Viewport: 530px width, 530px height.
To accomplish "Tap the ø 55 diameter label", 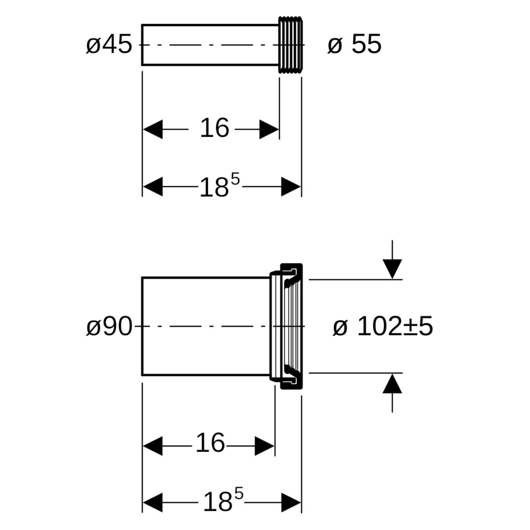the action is (355, 44).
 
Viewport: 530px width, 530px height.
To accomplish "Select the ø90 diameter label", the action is (109, 327).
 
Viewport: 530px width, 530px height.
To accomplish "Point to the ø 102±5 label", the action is (383, 326).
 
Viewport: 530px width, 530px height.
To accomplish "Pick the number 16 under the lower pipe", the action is (210, 443).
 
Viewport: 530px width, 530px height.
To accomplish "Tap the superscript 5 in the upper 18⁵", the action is (235, 179).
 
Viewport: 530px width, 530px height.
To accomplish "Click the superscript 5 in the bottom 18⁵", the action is (238, 494).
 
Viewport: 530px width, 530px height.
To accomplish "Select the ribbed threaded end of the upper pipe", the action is (291, 45).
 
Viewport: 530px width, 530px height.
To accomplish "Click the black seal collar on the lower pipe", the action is (291, 326).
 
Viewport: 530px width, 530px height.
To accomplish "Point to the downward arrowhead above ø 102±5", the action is (392, 269).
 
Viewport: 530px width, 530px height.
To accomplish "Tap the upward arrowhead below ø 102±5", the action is (392, 383).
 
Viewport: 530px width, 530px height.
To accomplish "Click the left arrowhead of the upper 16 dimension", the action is (153, 129).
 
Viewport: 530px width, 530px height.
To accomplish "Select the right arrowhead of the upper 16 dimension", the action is (269, 129).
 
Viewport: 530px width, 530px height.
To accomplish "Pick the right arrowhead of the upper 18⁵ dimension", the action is (291, 186).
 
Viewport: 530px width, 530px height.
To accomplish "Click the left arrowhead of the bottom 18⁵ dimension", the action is (153, 503).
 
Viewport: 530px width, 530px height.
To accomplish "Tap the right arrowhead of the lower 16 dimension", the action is (265, 446).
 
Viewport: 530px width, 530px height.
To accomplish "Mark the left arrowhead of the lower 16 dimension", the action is (153, 446).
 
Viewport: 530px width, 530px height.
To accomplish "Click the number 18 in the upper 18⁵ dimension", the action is (214, 187).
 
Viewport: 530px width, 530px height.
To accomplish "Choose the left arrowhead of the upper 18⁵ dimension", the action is (153, 186).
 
